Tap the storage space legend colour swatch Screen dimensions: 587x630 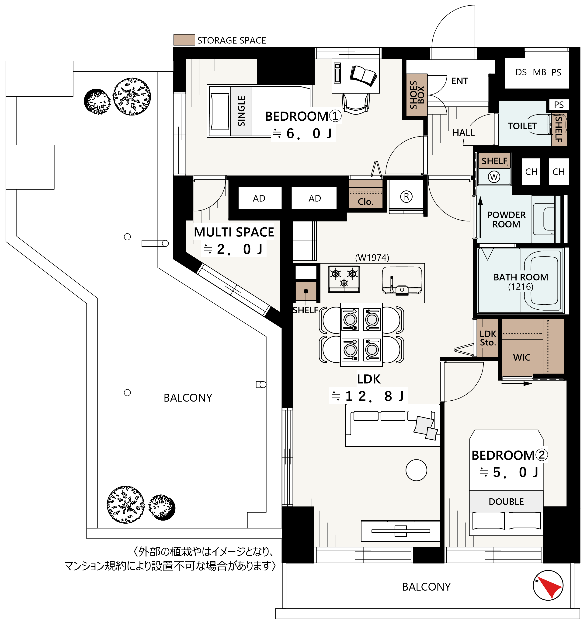(x=184, y=40)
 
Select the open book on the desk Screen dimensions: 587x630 (x=363, y=75)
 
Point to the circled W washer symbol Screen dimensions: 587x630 (x=494, y=176)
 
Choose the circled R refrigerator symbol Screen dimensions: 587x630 (x=406, y=196)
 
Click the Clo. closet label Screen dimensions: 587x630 (x=366, y=202)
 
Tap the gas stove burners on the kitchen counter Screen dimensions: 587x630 (x=344, y=279)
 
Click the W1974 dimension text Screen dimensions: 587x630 (x=372, y=257)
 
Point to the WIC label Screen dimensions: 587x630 (x=521, y=357)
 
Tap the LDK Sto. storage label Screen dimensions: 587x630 (x=488, y=338)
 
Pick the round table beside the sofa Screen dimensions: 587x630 (x=416, y=470)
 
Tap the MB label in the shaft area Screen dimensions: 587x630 (x=539, y=72)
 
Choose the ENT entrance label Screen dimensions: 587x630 (x=460, y=81)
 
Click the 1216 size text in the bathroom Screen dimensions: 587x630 (x=521, y=287)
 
